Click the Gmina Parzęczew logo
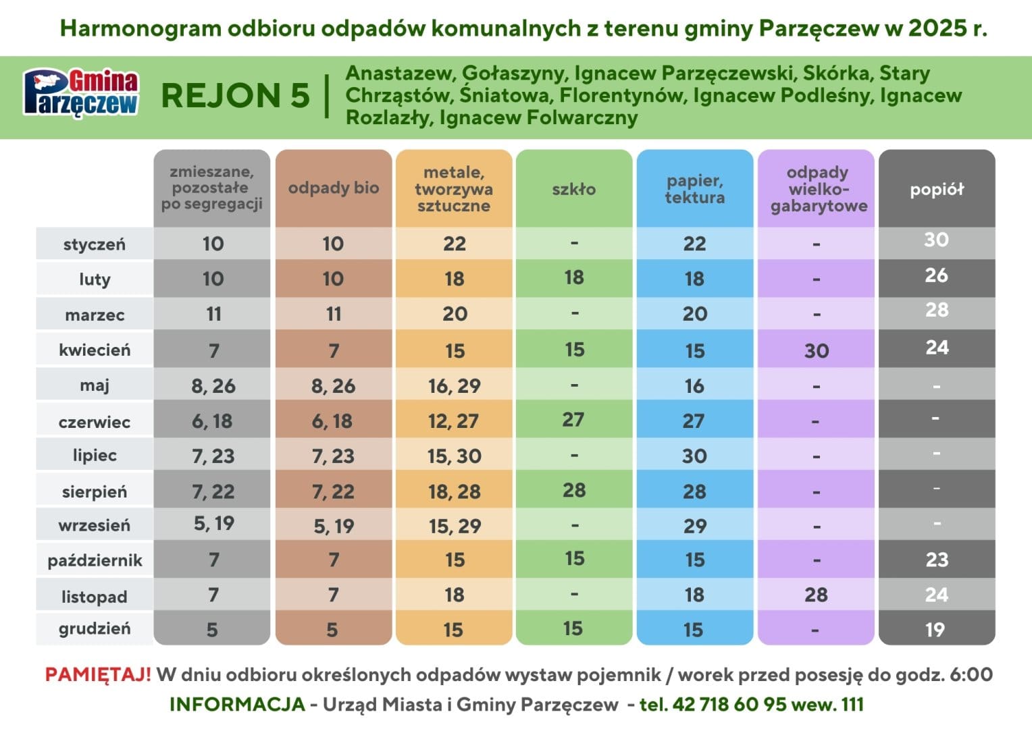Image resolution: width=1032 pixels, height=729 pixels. [81, 93]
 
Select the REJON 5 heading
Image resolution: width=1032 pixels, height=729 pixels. [235, 96]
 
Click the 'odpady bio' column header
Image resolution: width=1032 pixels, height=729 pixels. [334, 188]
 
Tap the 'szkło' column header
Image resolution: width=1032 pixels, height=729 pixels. [574, 189]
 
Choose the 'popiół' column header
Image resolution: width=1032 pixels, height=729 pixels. [937, 189]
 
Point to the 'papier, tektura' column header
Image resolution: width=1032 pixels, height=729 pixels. [695, 189]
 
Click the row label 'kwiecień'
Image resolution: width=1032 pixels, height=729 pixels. [95, 350]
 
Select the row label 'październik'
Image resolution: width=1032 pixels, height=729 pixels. [95, 560]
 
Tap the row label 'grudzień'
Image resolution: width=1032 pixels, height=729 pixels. [95, 629]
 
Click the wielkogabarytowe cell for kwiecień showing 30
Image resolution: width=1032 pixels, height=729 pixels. [817, 351]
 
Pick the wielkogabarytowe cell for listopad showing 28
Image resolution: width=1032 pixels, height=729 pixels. [817, 595]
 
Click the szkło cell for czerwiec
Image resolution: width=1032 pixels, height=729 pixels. [573, 420]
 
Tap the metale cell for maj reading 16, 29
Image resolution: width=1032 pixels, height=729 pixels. [455, 386]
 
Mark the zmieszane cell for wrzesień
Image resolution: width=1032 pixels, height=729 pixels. [213, 523]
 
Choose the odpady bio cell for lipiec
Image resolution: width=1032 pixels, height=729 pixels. [333, 456]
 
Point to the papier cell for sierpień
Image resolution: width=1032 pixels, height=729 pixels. [694, 491]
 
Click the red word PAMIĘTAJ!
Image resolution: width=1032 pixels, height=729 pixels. [98, 674]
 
